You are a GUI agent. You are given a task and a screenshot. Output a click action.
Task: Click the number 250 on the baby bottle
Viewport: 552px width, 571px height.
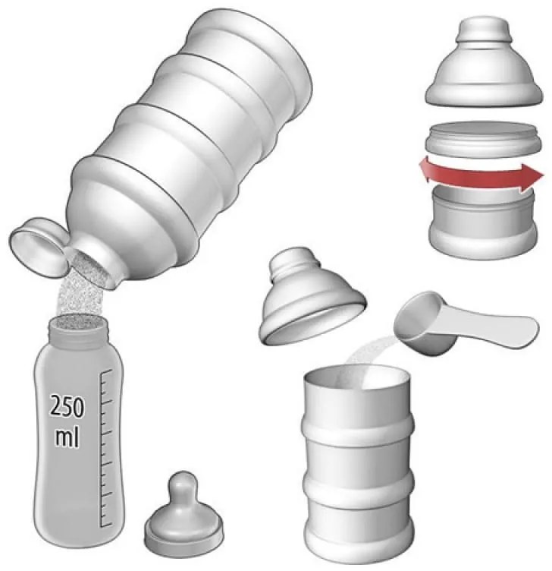(x=67, y=405)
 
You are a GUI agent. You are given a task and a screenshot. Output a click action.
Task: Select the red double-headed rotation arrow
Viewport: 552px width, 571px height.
(x=481, y=175)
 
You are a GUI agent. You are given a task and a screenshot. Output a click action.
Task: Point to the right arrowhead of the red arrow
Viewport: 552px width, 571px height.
(x=534, y=176)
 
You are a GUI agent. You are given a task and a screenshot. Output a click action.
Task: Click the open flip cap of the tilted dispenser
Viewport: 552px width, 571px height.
(x=38, y=248)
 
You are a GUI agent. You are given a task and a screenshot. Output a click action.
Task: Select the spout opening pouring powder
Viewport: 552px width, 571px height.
(x=93, y=268)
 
